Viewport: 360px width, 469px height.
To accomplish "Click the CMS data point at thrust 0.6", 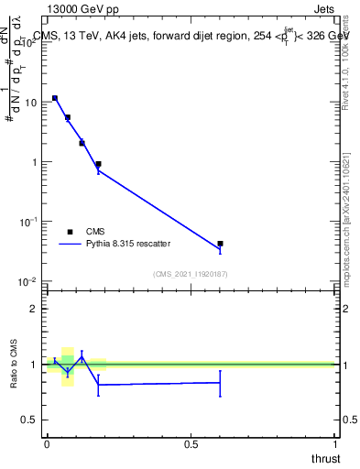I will [x=220, y=244].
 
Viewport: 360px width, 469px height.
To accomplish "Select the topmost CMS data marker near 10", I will [x=55, y=98].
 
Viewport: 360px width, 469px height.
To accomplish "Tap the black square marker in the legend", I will [x=70, y=232].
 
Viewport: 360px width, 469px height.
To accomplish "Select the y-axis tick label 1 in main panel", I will [x=34, y=162].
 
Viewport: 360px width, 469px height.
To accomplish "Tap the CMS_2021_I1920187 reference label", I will [x=191, y=274].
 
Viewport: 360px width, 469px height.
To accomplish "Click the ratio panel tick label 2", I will [x=34, y=309].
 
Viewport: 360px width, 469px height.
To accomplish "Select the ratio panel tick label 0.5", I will [x=30, y=420].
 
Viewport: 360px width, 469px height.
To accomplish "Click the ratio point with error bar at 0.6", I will [x=220, y=382].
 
